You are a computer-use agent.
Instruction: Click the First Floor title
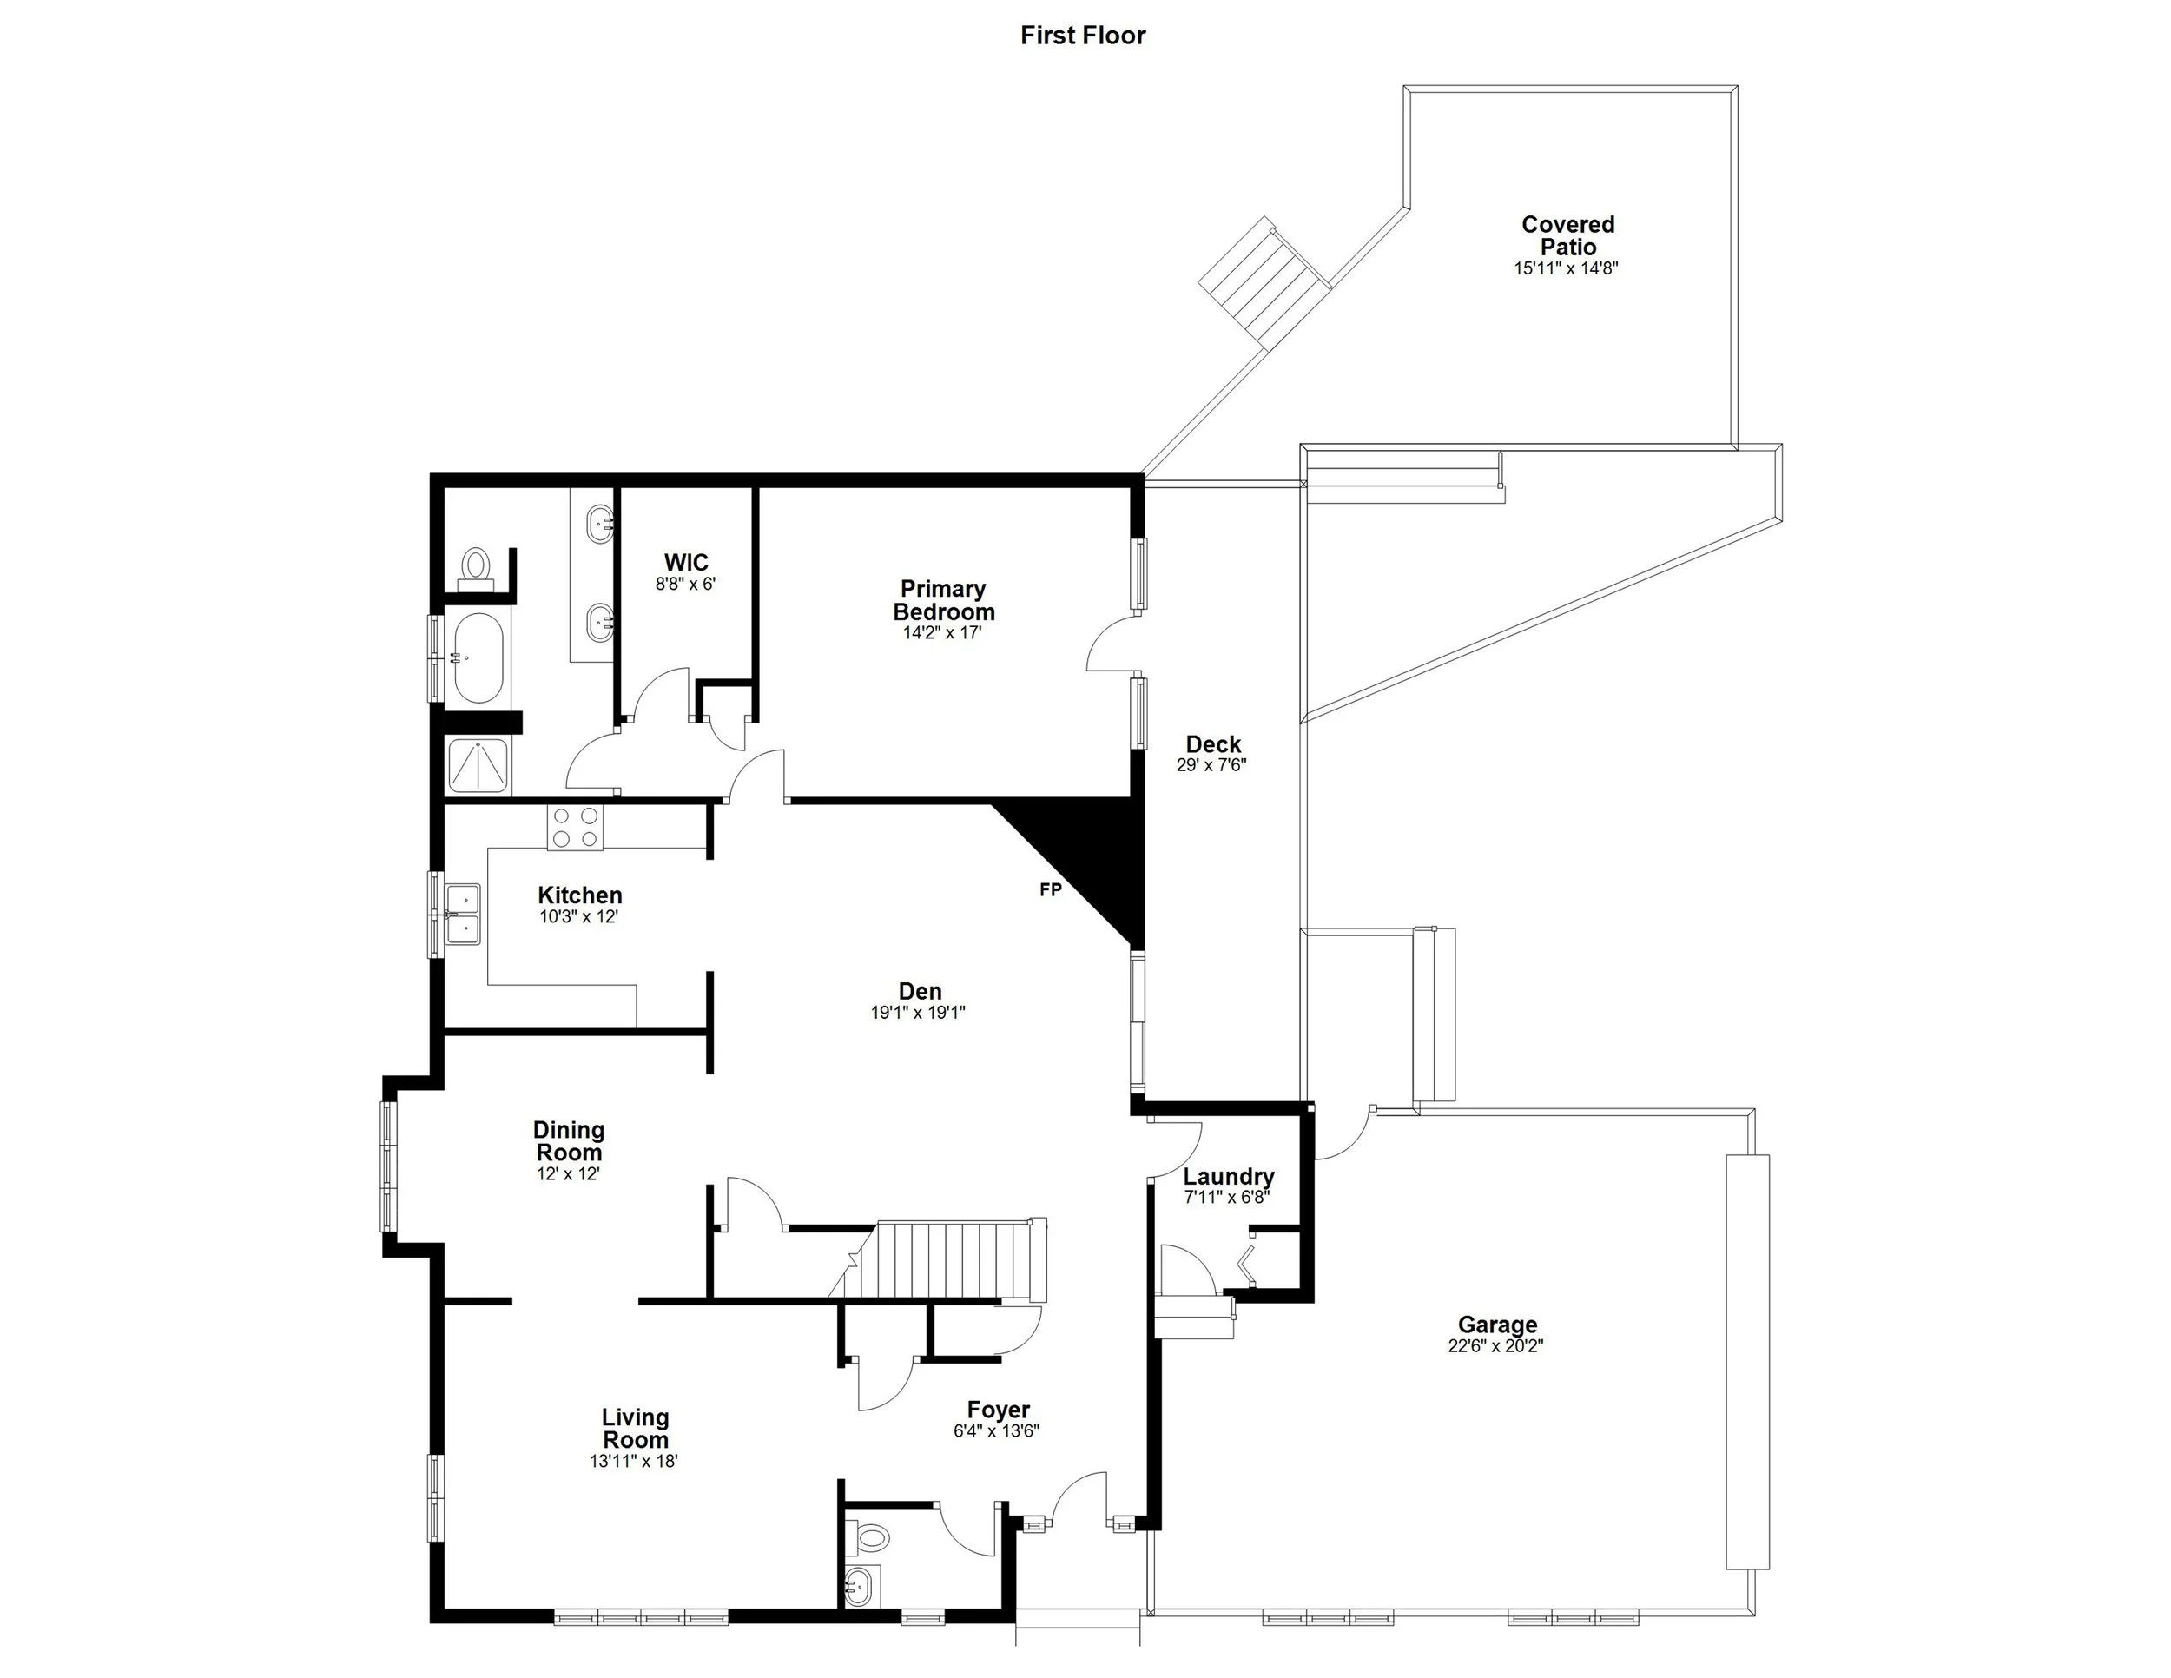tap(1083, 36)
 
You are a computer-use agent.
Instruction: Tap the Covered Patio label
tap(1567, 235)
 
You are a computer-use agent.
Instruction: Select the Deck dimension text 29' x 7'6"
tap(1211, 765)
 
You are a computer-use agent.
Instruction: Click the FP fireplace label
tap(1050, 889)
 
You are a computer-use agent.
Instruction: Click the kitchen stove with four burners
tap(576, 827)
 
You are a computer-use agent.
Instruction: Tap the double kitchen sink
tap(463, 914)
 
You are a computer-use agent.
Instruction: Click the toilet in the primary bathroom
tap(476, 566)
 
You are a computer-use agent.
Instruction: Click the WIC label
tap(686, 563)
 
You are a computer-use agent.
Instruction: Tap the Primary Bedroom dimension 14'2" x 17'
tap(941, 632)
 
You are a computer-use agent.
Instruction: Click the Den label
tap(920, 991)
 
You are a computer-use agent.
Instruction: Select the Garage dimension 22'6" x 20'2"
tap(1496, 1346)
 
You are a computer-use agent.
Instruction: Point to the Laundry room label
tap(1229, 1176)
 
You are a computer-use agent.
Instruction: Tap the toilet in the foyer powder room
tap(871, 1539)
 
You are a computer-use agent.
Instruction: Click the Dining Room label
tap(569, 1140)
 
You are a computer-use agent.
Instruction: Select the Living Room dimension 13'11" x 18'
tap(633, 1461)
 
